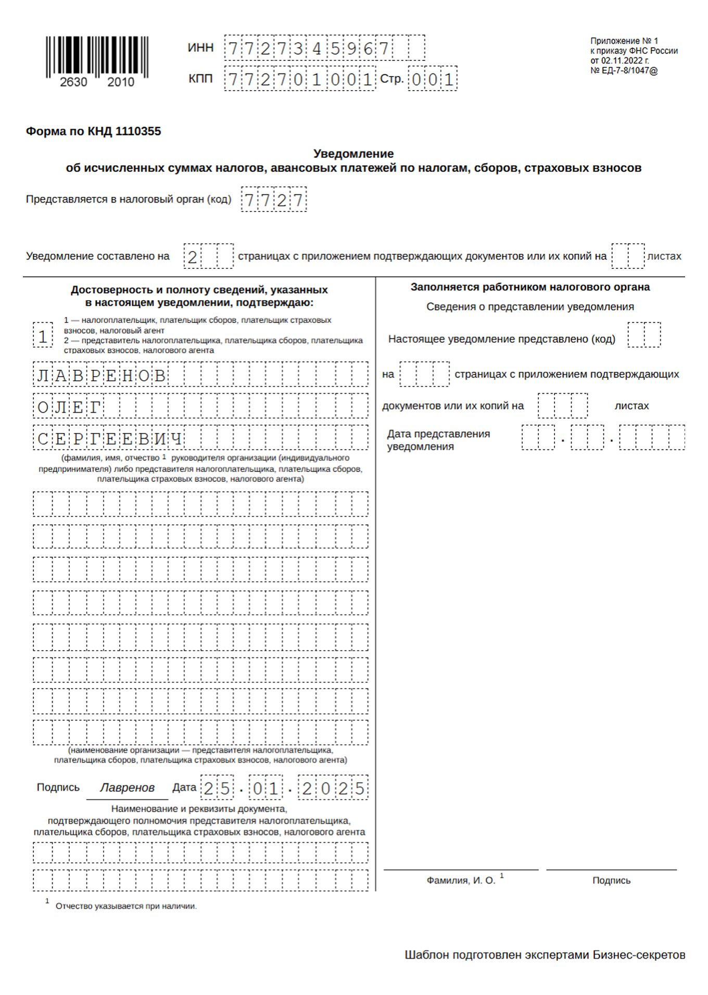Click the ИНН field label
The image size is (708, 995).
pos(200,48)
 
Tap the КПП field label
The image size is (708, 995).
pos(200,79)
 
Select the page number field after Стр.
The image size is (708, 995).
pos(432,79)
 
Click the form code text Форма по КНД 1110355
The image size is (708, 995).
pos(93,131)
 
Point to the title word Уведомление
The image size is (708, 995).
pos(353,154)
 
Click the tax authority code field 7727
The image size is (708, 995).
pos(274,200)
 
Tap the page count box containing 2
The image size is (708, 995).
pos(193,256)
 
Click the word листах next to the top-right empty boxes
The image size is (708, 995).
pos(664,256)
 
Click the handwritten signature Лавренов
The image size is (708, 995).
pos(127,788)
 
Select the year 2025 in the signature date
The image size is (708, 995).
pos(333,788)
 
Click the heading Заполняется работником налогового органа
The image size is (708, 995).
pos(530,287)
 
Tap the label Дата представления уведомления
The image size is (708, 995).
pos(438,440)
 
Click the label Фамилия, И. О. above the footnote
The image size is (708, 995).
pos(461,880)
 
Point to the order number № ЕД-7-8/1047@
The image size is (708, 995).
pos(624,71)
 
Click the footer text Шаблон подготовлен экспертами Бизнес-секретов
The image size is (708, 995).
pos(545,955)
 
